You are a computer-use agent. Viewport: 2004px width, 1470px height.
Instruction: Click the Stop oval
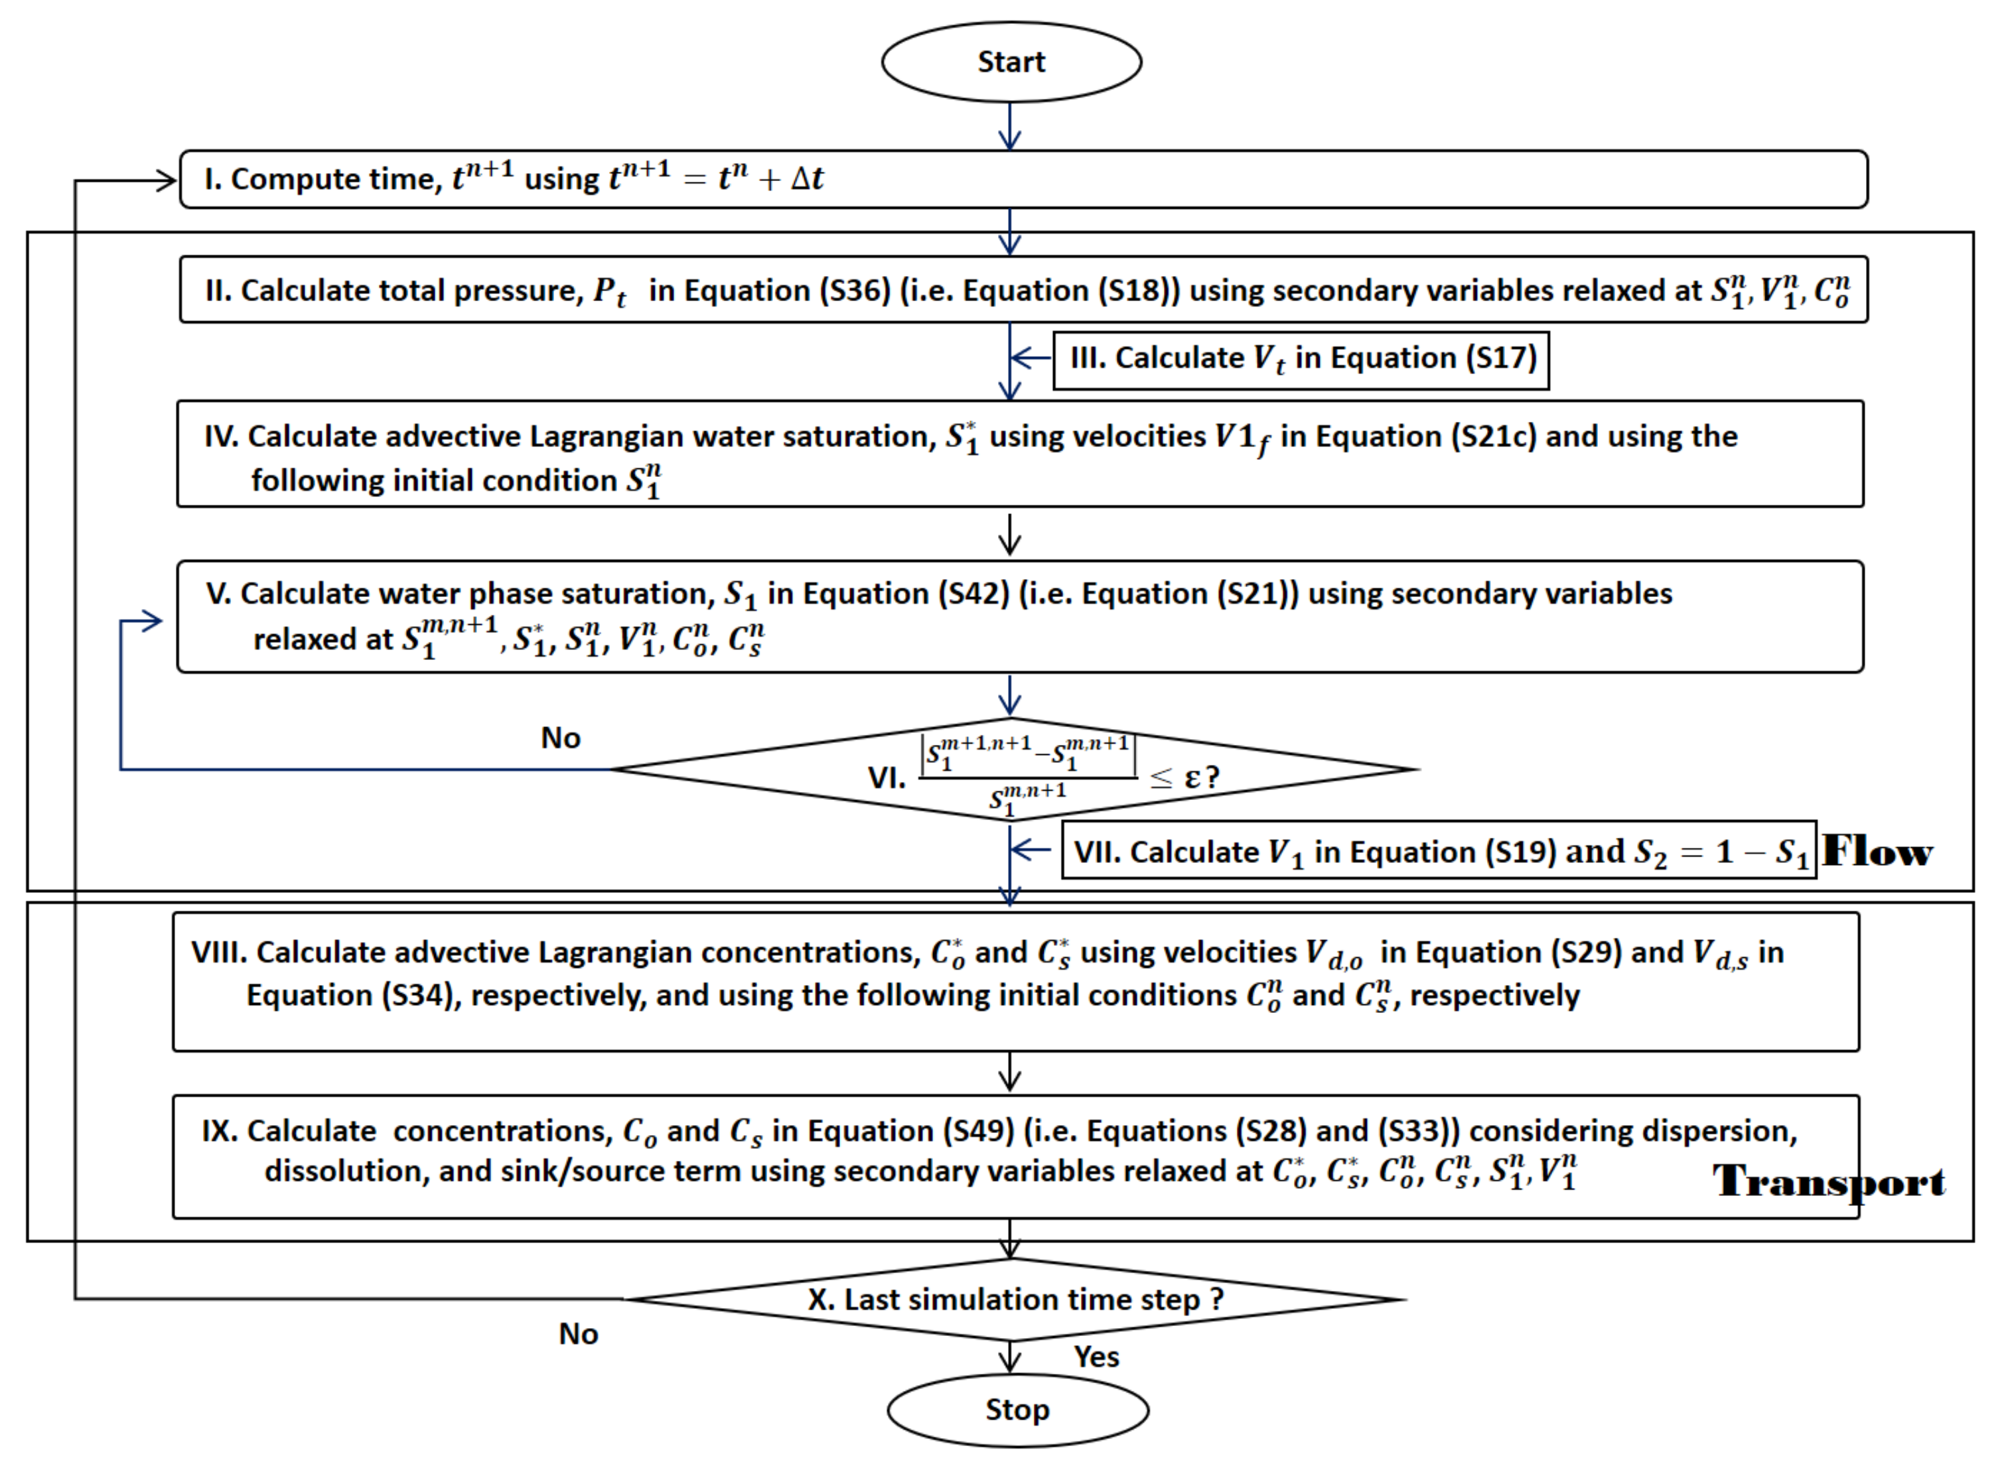pyautogui.click(x=1017, y=1410)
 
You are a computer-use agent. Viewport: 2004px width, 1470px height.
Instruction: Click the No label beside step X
pyautogui.click(x=579, y=1334)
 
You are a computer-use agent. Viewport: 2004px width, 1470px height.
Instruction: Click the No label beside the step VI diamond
pyautogui.click(x=561, y=738)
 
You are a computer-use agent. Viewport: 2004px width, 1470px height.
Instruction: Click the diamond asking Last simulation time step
pyautogui.click(x=1015, y=1299)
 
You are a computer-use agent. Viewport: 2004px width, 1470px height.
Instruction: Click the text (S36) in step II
pyautogui.click(x=853, y=291)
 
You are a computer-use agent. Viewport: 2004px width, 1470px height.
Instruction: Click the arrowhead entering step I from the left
pyautogui.click(x=167, y=180)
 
